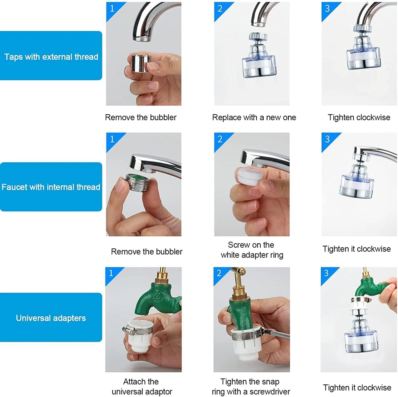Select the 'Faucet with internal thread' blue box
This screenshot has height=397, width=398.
coord(51,187)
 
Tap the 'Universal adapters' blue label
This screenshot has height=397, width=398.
coord(51,317)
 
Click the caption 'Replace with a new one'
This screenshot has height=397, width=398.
coord(254,118)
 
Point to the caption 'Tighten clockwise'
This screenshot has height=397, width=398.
coord(359,118)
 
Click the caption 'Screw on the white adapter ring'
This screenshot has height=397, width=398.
coord(252,250)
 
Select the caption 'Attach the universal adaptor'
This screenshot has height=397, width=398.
coord(142,386)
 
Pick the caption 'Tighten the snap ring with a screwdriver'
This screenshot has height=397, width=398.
coord(251,386)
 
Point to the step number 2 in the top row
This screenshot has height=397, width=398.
coord(220,9)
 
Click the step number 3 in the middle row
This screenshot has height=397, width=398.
coord(327,139)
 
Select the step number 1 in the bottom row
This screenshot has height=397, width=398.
coord(111,273)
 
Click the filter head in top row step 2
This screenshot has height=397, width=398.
coord(259,57)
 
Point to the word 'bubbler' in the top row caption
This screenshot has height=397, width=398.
coord(163,118)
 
